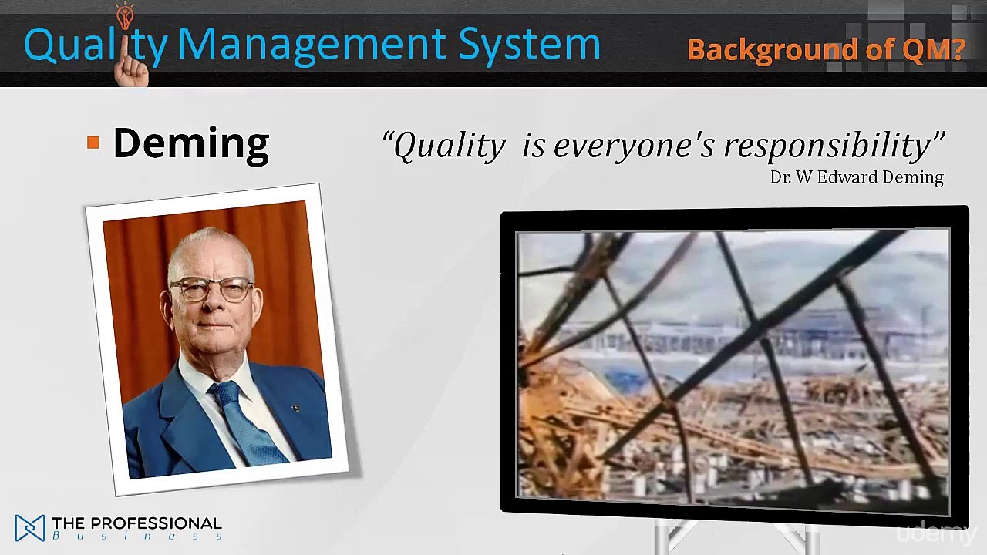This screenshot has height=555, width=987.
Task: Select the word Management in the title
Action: [312, 45]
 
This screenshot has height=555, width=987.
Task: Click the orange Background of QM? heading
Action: [825, 50]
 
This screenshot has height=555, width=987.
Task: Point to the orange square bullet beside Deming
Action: [93, 143]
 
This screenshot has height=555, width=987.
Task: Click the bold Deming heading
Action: [190, 143]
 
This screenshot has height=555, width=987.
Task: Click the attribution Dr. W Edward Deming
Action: [856, 177]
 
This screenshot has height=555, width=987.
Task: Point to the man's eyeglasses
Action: [211, 289]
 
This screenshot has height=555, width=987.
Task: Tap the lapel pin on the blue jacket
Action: [295, 408]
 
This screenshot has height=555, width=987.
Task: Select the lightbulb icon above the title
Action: [125, 15]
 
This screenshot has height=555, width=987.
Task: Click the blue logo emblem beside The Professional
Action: [30, 528]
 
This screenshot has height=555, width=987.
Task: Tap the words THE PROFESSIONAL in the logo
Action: [136, 524]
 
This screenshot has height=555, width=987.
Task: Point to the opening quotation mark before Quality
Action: [389, 140]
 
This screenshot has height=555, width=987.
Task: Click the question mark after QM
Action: [957, 50]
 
